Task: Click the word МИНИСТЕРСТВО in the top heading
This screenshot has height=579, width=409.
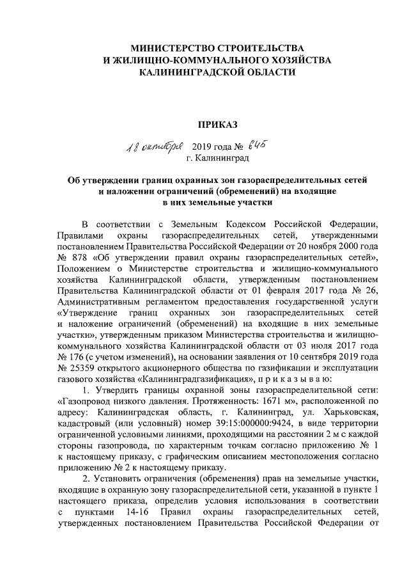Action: point(168,49)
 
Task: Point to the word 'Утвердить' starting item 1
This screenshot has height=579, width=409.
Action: point(117,391)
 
